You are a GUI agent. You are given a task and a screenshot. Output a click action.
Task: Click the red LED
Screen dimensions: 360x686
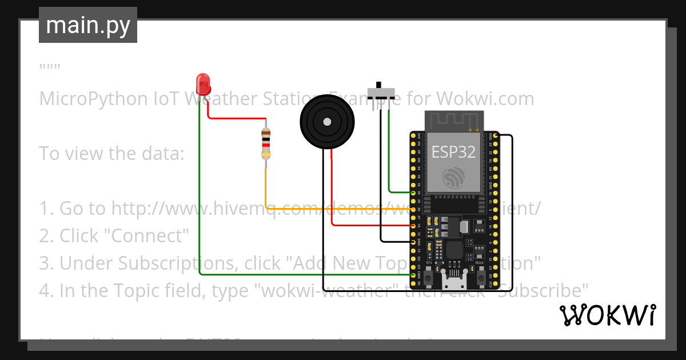[x=202, y=84]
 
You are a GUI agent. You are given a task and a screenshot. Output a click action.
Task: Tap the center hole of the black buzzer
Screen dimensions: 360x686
[x=326, y=122]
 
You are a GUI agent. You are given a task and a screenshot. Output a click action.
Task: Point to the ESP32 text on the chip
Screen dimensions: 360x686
[x=453, y=151]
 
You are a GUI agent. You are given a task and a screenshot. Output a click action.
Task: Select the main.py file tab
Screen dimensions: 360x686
[x=88, y=25]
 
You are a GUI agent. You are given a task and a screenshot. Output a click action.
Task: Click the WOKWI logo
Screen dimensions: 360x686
[x=607, y=315]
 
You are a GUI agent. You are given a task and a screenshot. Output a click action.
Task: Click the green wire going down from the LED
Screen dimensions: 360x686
[x=199, y=189]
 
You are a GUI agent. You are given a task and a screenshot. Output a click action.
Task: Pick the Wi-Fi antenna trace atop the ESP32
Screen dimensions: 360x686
[x=454, y=121]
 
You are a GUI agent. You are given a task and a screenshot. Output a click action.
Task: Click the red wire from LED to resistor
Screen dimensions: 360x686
[x=234, y=118]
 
